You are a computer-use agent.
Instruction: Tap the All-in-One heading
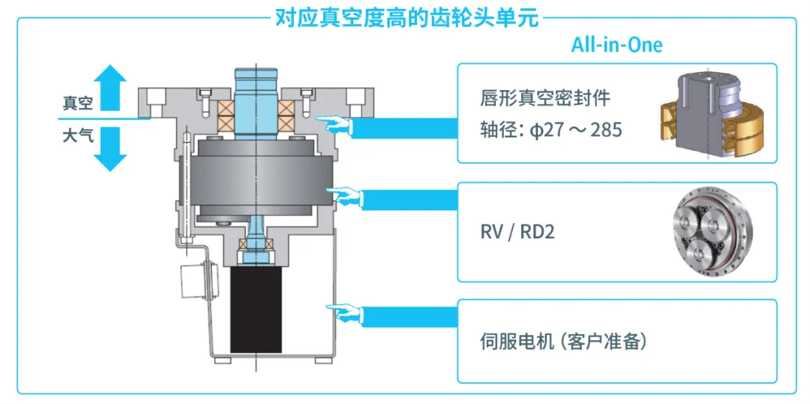616,44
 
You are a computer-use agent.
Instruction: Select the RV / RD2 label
517,231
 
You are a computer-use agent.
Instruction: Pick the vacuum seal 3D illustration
712,115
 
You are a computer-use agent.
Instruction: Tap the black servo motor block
256,309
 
